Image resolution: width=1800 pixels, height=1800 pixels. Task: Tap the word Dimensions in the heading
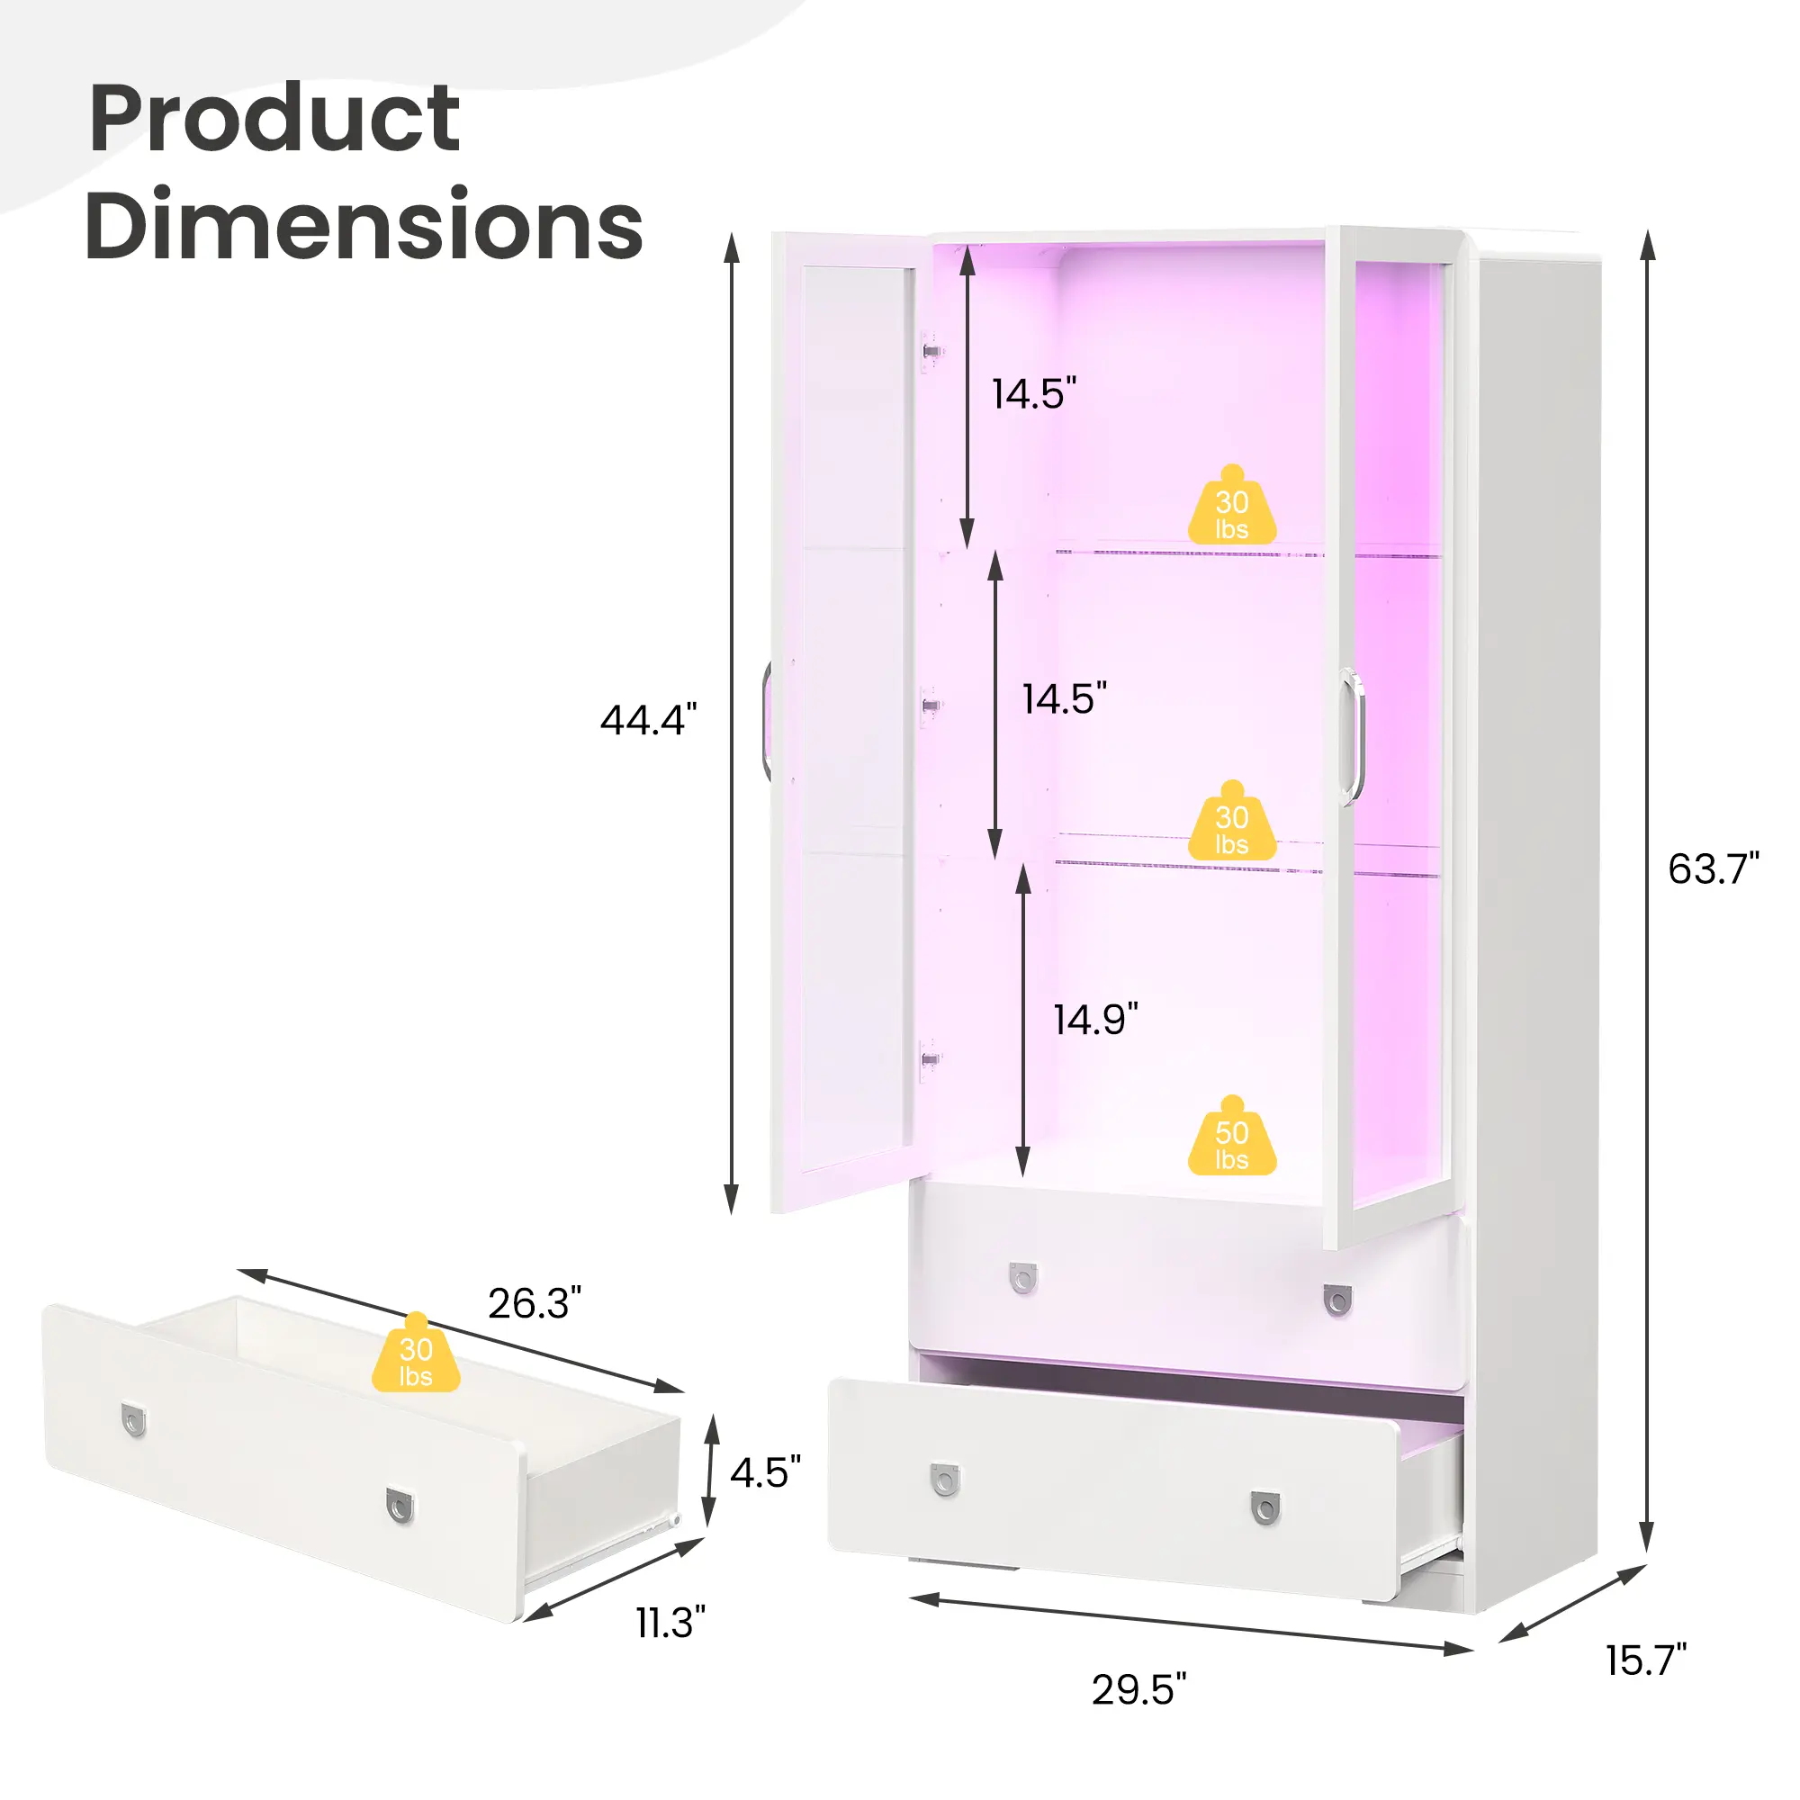[364, 224]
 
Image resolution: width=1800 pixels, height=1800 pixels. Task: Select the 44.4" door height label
[648, 719]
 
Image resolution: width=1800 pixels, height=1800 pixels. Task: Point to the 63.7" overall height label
[1713, 868]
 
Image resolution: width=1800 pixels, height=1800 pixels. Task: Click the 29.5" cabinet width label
[1139, 1689]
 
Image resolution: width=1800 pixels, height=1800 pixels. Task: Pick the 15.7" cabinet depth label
[1645, 1660]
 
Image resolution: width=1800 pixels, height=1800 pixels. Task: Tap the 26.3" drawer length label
[535, 1303]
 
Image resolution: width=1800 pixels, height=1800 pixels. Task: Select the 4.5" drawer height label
[765, 1473]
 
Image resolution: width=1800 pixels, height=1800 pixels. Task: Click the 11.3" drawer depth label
[670, 1622]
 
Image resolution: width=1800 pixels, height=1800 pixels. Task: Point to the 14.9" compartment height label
[1095, 1020]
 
